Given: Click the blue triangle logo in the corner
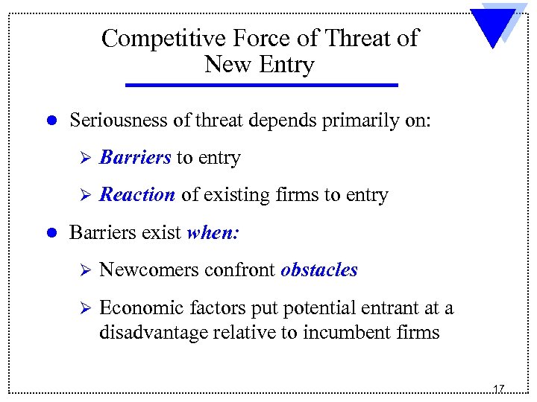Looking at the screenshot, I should pos(492,28).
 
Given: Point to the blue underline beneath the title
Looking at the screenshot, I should pos(261,86).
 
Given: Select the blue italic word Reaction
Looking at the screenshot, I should pos(137,195).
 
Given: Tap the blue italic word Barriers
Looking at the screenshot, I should pos(135,158).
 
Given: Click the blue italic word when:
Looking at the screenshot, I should pos(213,232).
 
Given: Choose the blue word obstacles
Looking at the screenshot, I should pos(319,269).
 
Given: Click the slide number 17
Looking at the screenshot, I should pos(498,389).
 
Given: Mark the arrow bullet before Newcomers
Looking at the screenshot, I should pos(84,270).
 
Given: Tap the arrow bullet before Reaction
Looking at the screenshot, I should pos(84,196).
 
